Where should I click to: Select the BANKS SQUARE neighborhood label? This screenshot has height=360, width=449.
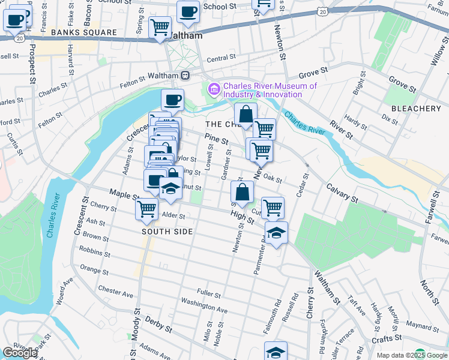click(x=83, y=32)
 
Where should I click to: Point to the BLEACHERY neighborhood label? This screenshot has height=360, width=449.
click(x=416, y=109)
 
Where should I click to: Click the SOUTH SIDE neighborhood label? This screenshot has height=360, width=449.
click(x=167, y=232)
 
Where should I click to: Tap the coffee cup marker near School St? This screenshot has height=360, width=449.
click(x=188, y=12)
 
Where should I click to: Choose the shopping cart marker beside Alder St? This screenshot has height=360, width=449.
click(x=146, y=209)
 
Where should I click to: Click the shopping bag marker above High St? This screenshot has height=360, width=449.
click(x=242, y=192)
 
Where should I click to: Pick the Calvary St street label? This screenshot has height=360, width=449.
click(x=342, y=194)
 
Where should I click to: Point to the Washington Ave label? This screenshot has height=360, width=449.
click(x=204, y=305)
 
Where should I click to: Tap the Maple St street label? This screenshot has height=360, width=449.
click(x=124, y=194)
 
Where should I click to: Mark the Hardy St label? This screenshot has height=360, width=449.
click(x=355, y=124)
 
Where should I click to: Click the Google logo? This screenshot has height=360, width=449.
click(x=20, y=353)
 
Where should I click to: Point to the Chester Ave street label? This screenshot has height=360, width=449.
click(x=116, y=292)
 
